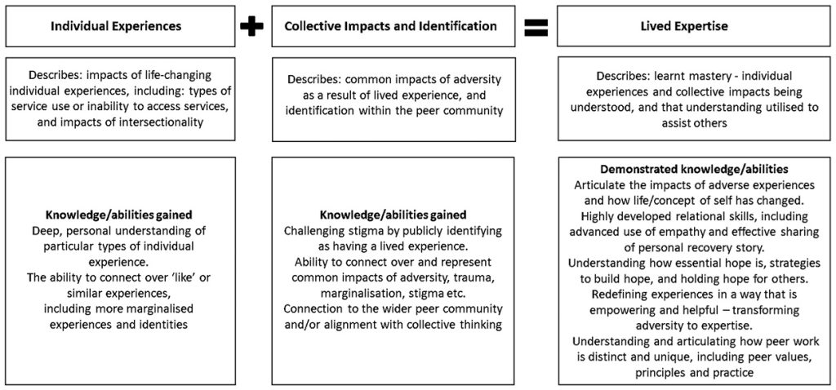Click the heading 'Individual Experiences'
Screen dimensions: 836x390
116,26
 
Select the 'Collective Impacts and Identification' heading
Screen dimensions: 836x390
391,26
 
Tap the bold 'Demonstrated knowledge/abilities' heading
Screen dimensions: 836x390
695,170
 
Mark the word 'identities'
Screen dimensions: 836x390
165,325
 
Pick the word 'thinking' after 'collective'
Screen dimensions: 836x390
483,325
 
